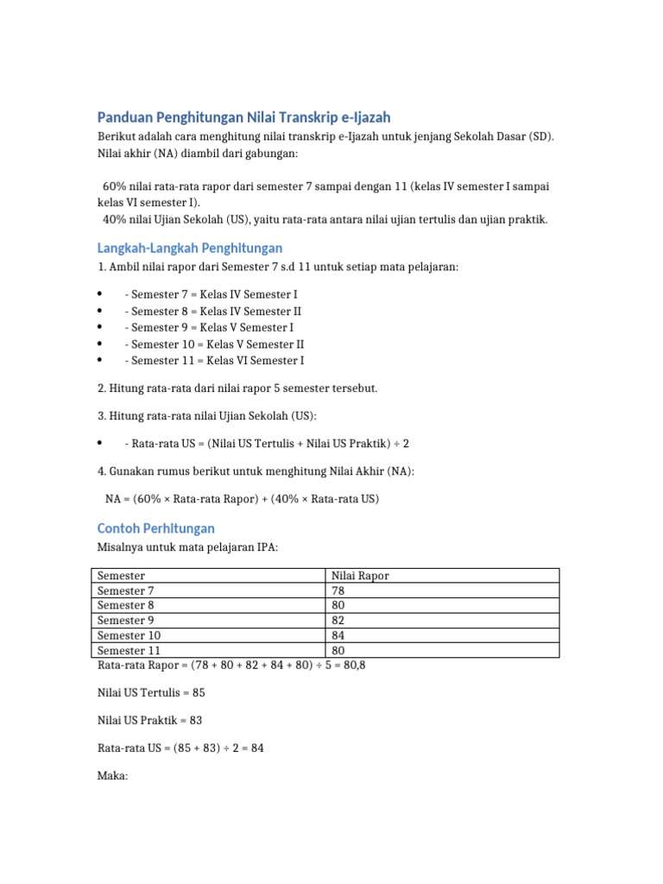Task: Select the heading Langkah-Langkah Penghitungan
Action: click(190, 248)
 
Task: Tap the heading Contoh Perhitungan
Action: click(155, 527)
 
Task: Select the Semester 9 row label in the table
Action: click(126, 620)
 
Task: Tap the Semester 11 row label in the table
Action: click(129, 650)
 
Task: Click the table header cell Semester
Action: click(122, 576)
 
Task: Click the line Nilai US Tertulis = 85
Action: click(151, 692)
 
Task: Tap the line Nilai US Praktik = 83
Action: click(150, 720)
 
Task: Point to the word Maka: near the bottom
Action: click(112, 776)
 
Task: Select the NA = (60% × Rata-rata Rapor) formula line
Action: click(242, 499)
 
